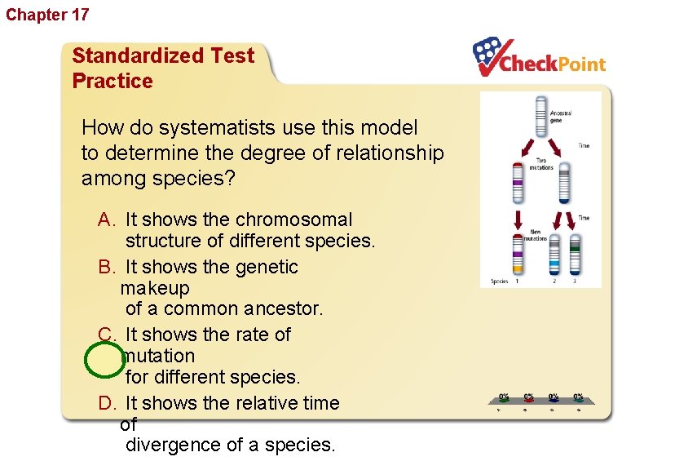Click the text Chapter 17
(x=47, y=15)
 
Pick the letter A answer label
(x=107, y=219)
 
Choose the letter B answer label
(x=107, y=267)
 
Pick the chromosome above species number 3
(x=575, y=255)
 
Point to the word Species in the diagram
(x=499, y=282)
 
